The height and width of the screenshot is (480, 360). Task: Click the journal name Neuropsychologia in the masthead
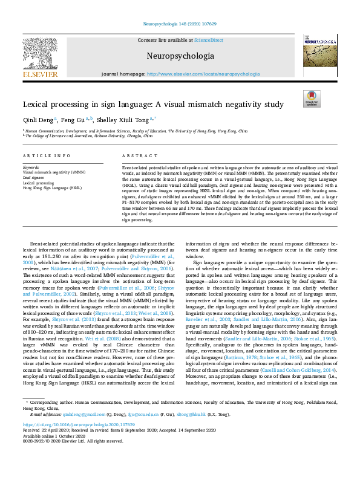pyautogui.click(x=180, y=56)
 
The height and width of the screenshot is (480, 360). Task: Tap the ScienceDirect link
pyautogui.click(x=208, y=40)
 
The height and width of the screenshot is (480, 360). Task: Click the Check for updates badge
pyautogui.click(x=312, y=99)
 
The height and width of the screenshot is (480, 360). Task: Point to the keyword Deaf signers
pyautogui.click(x=33, y=178)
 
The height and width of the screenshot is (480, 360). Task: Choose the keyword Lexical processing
pyautogui.click(x=37, y=183)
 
